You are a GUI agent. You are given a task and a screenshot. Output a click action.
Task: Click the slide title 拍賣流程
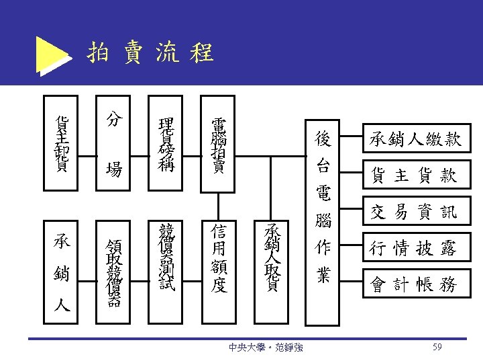tap(150, 52)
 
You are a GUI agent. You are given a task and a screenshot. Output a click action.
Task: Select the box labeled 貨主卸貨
tap(62, 143)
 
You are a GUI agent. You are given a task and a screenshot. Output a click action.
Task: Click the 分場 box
tap(115, 143)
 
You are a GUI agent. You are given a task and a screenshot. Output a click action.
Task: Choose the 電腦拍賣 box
tap(219, 143)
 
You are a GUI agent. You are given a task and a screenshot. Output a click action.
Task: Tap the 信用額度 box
tap(219, 259)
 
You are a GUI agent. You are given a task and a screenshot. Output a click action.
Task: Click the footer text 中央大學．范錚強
tap(265, 348)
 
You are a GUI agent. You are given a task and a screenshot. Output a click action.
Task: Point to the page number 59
tap(437, 347)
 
